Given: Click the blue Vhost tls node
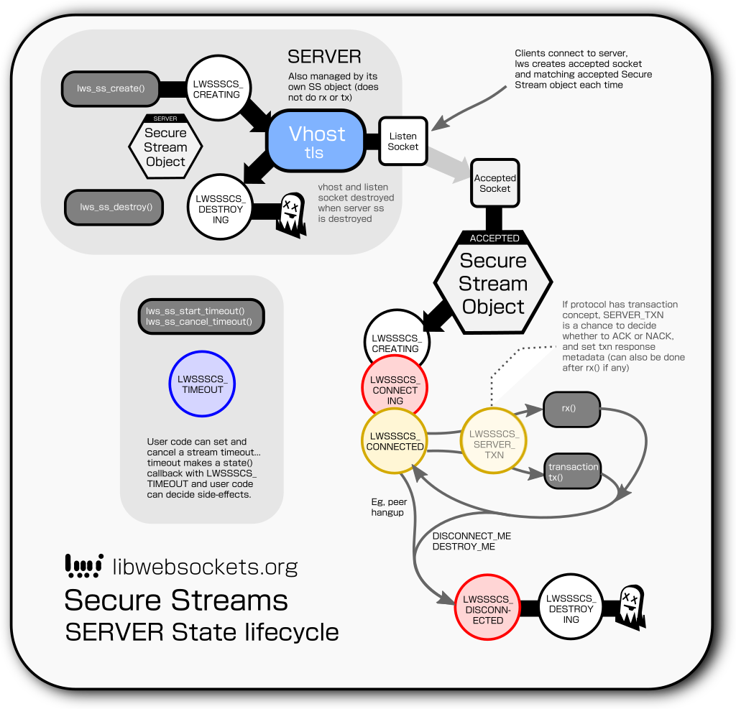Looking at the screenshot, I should (316, 142).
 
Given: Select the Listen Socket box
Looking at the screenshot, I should (402, 142).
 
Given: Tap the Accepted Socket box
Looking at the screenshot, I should (494, 183).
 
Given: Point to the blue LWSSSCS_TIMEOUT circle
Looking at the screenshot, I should (203, 384).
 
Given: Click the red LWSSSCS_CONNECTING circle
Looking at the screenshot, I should (395, 390).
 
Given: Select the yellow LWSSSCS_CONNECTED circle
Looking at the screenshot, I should (395, 441).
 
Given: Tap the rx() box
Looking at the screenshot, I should (570, 409).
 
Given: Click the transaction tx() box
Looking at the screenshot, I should (573, 472).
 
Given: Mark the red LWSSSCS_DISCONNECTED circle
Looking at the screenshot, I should (487, 609).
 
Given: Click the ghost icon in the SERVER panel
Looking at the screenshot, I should (291, 215).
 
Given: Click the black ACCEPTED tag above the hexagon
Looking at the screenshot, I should (494, 238).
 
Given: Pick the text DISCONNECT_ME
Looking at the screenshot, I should (471, 536).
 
